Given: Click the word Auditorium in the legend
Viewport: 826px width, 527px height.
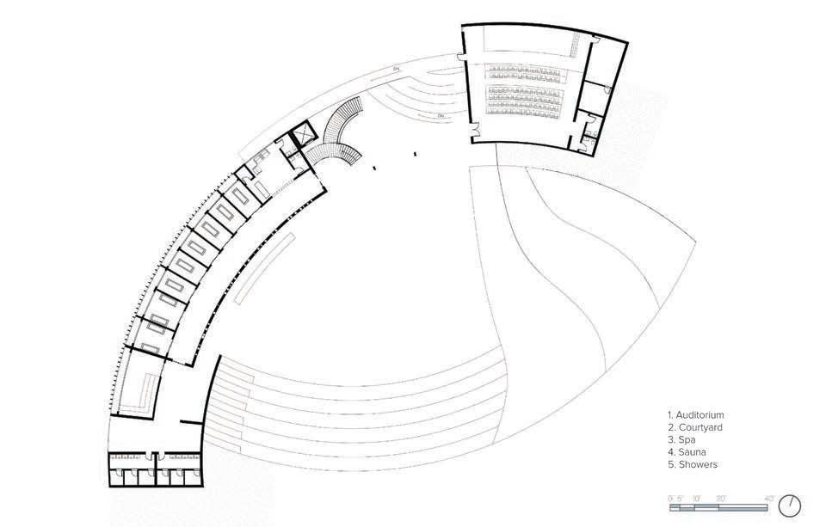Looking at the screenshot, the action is (x=700, y=415).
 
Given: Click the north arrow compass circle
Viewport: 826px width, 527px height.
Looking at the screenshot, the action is (x=792, y=505).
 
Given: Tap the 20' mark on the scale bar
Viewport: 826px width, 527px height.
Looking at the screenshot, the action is (x=719, y=499).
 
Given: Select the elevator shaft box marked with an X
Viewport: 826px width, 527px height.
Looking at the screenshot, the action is (x=303, y=136).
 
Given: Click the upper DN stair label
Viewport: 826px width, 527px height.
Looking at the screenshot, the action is (x=397, y=66).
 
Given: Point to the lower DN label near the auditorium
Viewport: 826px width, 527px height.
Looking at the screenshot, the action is (x=440, y=115).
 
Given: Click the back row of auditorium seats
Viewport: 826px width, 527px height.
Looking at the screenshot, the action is (x=523, y=67).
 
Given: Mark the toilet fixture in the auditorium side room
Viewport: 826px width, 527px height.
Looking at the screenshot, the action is (x=607, y=89).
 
